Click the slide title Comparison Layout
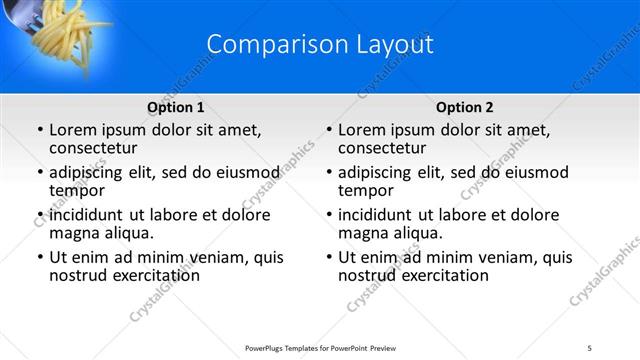[x=320, y=45]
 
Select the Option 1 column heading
[x=176, y=107]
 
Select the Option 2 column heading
[x=464, y=107]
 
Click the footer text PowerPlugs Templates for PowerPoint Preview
[x=320, y=348]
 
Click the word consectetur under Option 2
[x=381, y=148]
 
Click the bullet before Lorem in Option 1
[x=39, y=131]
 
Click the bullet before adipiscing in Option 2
[x=328, y=173]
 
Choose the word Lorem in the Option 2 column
[x=363, y=130]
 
